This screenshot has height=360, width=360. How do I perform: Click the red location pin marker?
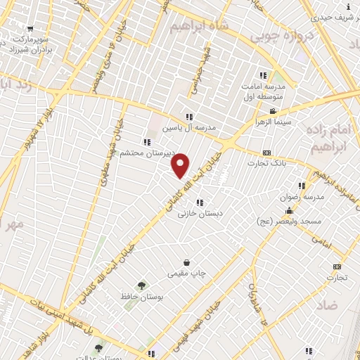click(x=181, y=165)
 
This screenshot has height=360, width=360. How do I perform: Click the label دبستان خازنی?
click(x=200, y=213)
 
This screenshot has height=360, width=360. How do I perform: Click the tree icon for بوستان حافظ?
click(x=142, y=285)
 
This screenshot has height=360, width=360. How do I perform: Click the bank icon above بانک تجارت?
click(x=266, y=153)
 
